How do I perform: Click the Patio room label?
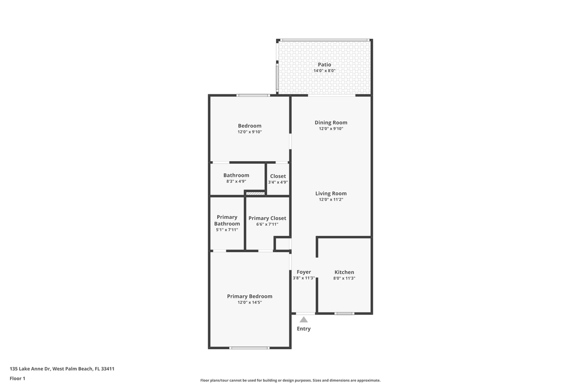(x=324, y=65)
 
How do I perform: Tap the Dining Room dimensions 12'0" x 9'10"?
(x=331, y=129)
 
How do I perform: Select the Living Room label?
(x=331, y=193)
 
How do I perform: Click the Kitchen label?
(x=344, y=272)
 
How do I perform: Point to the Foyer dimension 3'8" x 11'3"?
(x=304, y=278)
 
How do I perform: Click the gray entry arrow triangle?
(x=304, y=320)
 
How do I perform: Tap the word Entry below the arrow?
(x=304, y=329)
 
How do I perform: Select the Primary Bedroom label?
(x=250, y=296)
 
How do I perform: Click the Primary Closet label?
(x=267, y=218)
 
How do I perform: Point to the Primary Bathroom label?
(x=227, y=220)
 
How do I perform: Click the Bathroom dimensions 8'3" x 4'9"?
(x=236, y=182)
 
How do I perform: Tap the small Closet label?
(x=278, y=176)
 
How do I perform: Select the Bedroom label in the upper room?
(x=250, y=126)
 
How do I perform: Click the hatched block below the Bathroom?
(x=256, y=193)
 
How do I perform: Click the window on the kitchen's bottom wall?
(x=344, y=313)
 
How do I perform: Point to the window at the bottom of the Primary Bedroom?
(x=249, y=348)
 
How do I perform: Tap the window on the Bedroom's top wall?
(x=253, y=95)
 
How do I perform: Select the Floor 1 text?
(x=17, y=378)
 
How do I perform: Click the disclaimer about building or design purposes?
(x=290, y=380)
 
